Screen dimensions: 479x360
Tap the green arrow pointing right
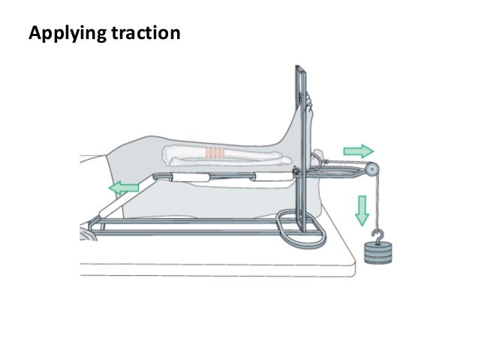coord(357,151)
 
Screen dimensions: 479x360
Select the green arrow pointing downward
coord(363,210)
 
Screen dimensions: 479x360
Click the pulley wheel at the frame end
coord(372,171)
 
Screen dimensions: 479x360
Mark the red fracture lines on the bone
coord(215,154)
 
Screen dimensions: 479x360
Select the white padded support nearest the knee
coord(179,177)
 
